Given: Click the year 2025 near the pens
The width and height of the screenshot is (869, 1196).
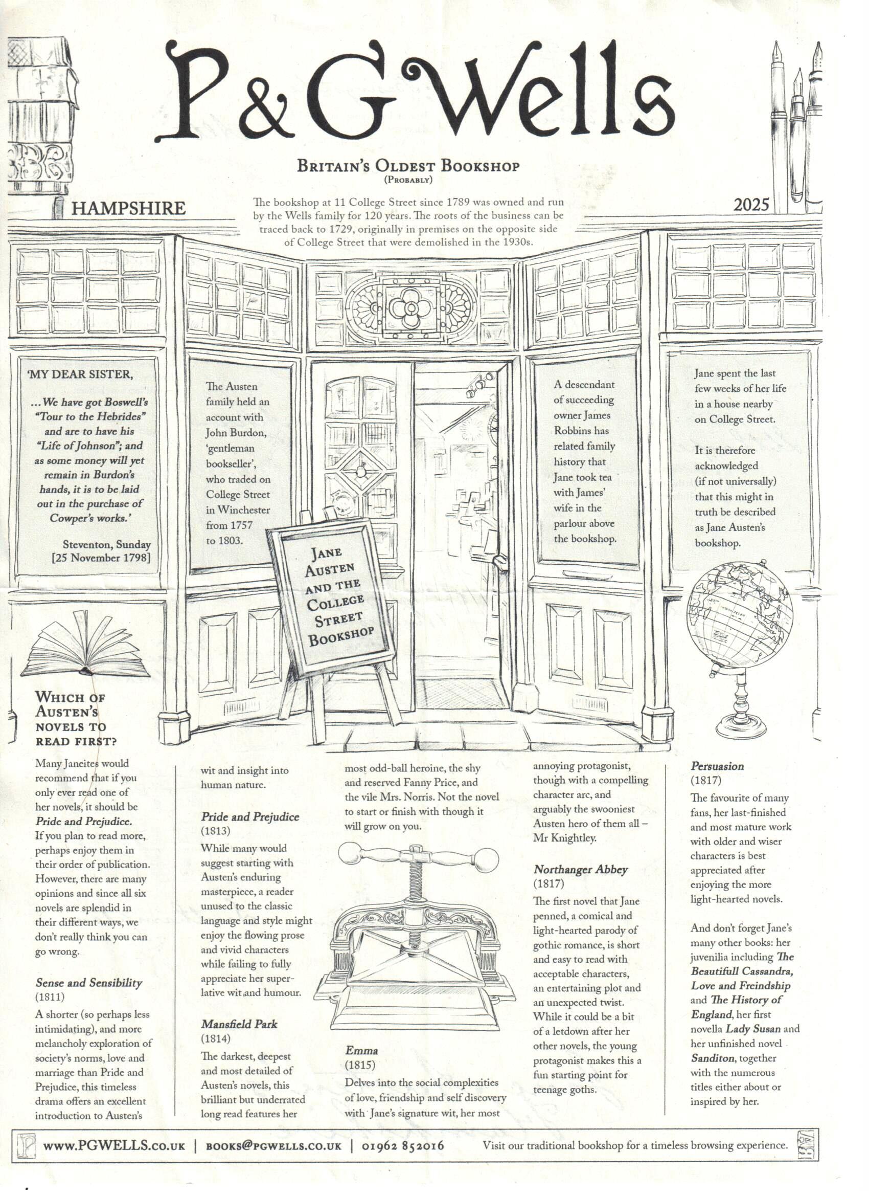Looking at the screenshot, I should tap(750, 204).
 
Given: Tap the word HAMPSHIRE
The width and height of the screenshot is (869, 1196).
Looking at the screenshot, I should tap(128, 208).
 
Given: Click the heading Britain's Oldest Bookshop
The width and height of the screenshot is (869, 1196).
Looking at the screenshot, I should tap(408, 166).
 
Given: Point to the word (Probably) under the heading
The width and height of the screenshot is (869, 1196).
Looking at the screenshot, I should tap(408, 181).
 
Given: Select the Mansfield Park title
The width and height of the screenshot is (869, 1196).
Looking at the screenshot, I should tap(239, 1024).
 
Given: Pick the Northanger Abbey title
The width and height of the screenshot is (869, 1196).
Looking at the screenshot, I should tap(580, 870).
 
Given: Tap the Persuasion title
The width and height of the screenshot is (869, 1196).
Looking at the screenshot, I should tap(717, 766).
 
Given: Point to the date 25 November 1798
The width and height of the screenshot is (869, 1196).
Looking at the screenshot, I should tap(101, 558).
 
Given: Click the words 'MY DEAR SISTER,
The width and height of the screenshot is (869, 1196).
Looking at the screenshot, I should tap(80, 374).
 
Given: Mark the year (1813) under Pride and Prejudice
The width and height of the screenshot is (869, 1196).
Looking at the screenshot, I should tap(216, 831).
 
